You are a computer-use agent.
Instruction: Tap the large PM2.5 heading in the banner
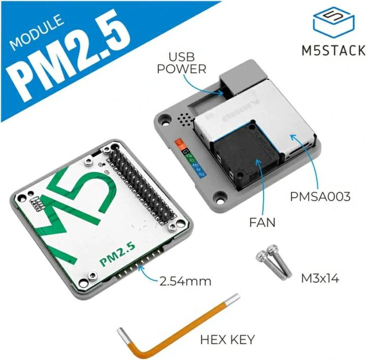tap(71, 58)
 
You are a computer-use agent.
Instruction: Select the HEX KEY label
tap(227, 339)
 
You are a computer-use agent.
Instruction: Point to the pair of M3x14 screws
tap(271, 264)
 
